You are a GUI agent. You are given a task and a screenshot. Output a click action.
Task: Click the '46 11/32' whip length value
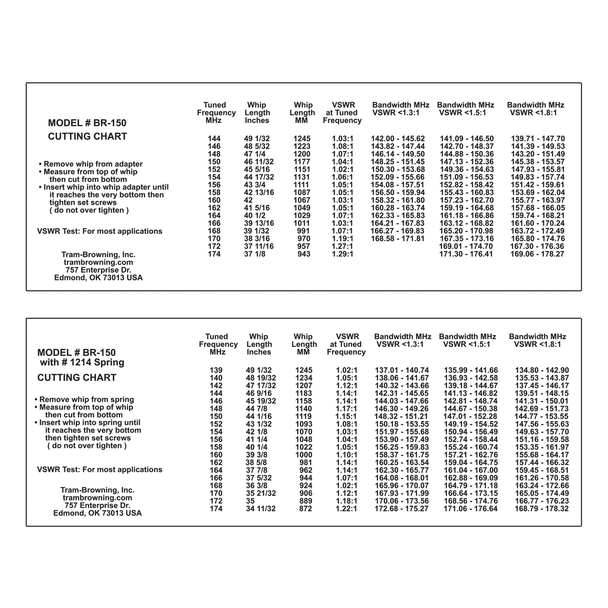259,162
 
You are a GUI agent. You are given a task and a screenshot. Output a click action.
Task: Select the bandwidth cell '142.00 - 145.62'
398,139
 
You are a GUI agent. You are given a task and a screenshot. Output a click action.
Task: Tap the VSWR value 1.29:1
343,254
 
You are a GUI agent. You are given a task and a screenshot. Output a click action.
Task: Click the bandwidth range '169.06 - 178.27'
537,254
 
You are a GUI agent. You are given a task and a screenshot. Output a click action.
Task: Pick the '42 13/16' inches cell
259,193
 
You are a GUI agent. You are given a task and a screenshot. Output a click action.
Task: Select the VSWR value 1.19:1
343,239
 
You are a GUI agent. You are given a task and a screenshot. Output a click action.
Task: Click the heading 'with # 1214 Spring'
82,362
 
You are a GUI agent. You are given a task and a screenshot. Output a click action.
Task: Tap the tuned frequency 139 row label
216,370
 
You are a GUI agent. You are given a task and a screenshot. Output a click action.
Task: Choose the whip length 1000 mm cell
304,455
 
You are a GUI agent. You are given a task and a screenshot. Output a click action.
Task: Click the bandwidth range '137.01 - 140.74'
402,370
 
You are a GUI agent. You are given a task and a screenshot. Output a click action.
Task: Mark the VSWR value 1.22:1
346,509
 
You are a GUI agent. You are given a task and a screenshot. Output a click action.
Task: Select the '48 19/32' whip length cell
261,378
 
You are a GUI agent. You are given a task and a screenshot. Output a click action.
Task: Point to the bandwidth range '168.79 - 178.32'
542,509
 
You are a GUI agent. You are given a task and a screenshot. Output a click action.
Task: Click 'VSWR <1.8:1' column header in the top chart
533,113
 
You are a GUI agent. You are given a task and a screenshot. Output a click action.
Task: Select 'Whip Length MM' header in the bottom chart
303,344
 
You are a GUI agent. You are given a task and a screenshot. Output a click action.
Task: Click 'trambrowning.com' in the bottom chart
97,498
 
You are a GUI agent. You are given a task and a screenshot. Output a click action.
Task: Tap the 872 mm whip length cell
304,509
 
